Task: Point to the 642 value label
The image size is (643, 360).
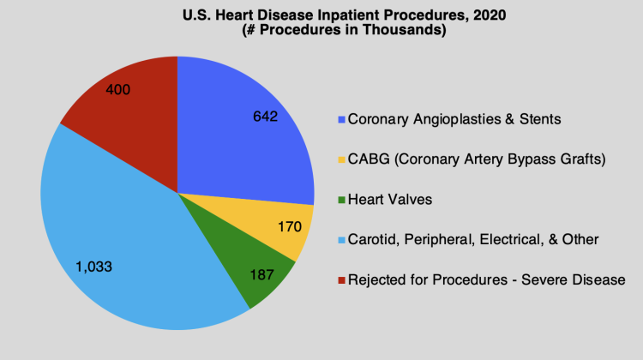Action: click(266, 117)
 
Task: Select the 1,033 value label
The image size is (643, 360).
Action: click(93, 267)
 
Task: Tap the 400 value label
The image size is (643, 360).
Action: click(117, 88)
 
